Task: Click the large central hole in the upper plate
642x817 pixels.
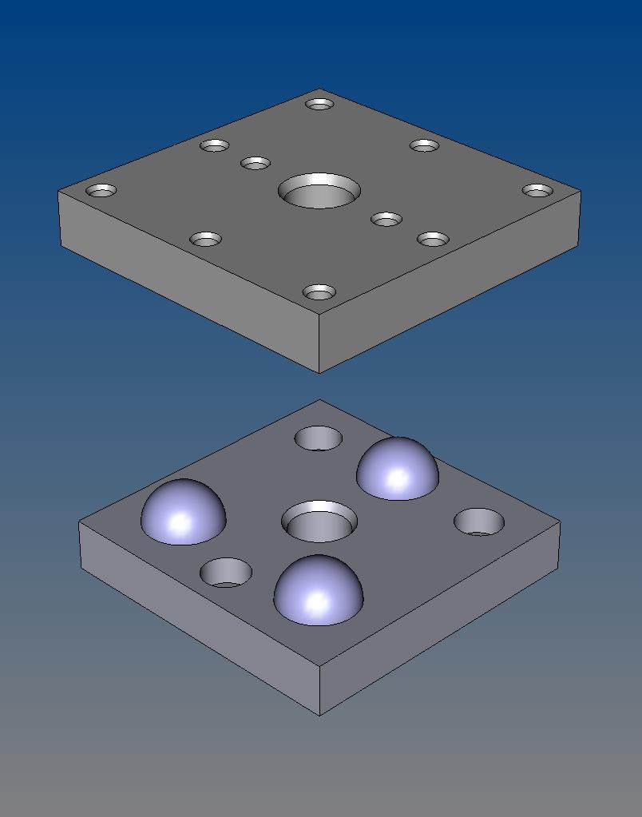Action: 319,192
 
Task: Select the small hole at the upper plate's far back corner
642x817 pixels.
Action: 319,104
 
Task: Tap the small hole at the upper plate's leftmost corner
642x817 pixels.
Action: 101,191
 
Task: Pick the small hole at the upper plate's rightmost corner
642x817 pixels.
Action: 537,190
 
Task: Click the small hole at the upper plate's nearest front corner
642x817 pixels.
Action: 319,292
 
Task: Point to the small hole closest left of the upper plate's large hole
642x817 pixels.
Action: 256,164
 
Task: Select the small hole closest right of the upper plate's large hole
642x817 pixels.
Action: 386,219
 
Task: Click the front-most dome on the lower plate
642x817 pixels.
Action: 319,591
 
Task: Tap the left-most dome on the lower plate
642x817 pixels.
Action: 184,513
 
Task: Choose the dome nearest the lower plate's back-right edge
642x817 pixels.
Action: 398,469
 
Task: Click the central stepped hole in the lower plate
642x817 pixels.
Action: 319,522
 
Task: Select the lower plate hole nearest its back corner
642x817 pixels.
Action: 319,438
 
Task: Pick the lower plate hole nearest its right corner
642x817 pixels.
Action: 479,522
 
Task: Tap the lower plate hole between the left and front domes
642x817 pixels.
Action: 226,573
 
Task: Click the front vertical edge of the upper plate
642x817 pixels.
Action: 319,343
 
